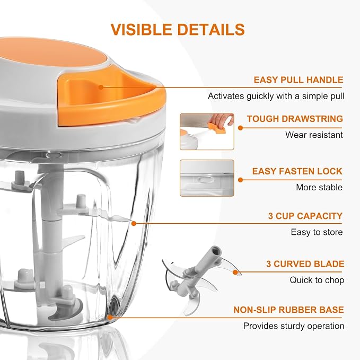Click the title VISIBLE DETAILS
(x=178, y=29)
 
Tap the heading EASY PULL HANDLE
(x=298, y=80)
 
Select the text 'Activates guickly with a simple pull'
(x=276, y=96)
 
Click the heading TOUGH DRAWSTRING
(x=295, y=119)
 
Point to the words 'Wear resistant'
(x=314, y=135)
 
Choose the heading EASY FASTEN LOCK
(x=297, y=171)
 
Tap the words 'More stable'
(x=319, y=187)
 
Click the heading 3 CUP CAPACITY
(x=305, y=216)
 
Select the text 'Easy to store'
(x=317, y=232)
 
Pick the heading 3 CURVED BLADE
(x=305, y=264)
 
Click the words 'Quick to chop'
(x=317, y=280)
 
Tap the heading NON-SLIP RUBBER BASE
(x=288, y=310)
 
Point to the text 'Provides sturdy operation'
(x=294, y=326)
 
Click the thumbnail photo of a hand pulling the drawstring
(x=207, y=131)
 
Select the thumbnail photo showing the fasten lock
(x=207, y=178)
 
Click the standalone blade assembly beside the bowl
(x=199, y=280)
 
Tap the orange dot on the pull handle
(x=101, y=87)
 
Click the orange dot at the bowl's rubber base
(x=110, y=318)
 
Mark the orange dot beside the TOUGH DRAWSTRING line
(x=240, y=128)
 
